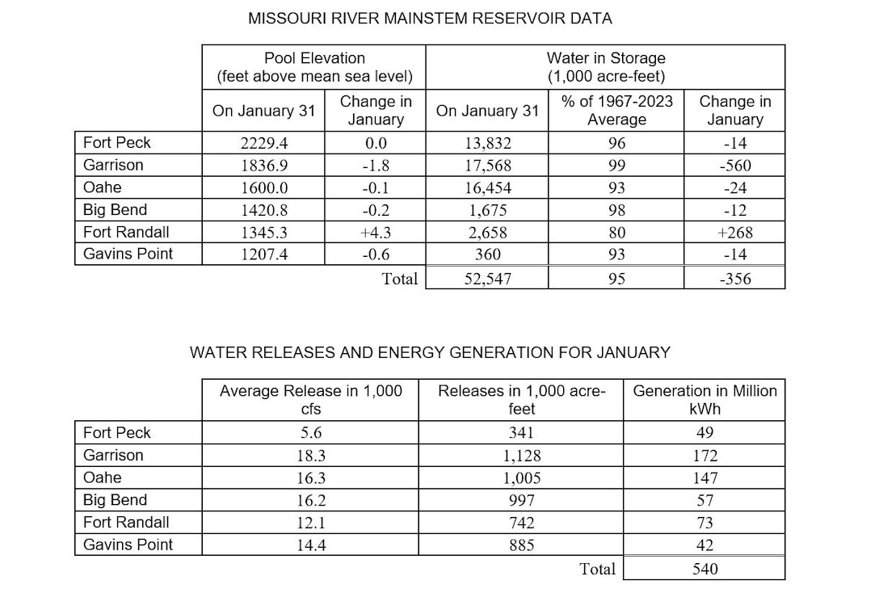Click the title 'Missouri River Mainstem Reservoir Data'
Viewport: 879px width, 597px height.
[x=430, y=18]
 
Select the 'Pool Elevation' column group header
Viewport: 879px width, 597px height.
[x=314, y=67]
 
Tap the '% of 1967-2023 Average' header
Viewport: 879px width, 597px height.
[x=616, y=110]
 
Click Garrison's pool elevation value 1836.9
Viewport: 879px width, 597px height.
[x=263, y=166]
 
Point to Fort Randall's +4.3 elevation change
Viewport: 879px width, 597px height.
[x=376, y=233]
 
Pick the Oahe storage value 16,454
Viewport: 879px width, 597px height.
[x=486, y=188]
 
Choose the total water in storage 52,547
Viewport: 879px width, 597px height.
[x=486, y=280]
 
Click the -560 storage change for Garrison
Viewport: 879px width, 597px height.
[x=734, y=166]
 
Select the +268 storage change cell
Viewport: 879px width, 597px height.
[x=734, y=233]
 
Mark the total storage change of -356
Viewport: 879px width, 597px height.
[x=734, y=280]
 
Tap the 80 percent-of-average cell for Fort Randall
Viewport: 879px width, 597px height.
[x=616, y=233]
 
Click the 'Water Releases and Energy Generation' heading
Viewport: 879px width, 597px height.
[x=430, y=353]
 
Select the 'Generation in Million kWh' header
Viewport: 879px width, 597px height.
[x=704, y=399]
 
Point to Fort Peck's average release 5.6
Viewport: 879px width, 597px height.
[x=310, y=433]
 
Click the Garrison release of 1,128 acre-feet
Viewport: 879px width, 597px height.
[x=521, y=456]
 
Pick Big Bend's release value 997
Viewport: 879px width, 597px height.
[x=521, y=500]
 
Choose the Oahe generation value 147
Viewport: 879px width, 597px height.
[x=704, y=477]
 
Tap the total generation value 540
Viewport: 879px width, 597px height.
[x=704, y=569]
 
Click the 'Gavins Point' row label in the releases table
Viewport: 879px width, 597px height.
[x=128, y=544]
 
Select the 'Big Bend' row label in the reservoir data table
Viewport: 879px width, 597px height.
[x=115, y=210]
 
